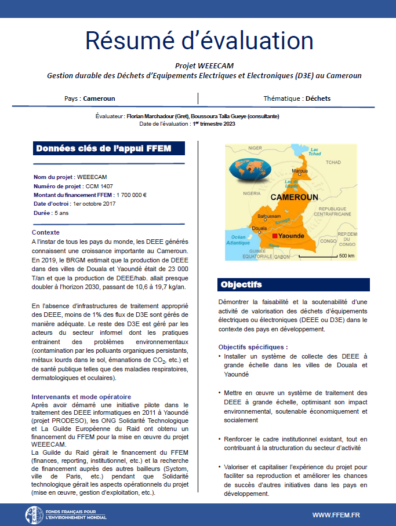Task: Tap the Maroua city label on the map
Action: click(299, 172)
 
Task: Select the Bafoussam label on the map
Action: click(269, 215)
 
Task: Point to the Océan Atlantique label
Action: click(238, 240)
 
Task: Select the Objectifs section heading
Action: click(241, 284)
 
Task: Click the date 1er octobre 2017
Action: click(95, 204)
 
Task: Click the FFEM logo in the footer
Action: click(34, 514)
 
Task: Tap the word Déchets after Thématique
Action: click(318, 98)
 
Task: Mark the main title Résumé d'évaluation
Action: click(199, 41)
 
